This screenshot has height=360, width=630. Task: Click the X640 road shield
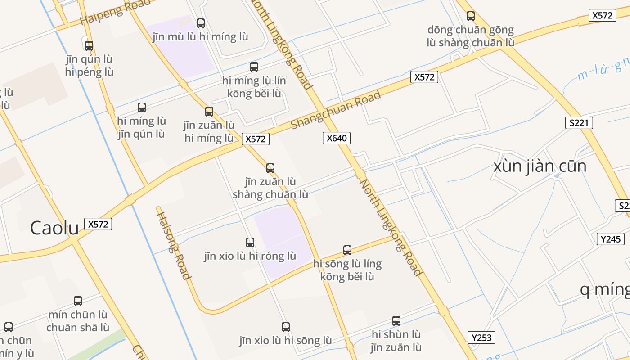tap(337, 138)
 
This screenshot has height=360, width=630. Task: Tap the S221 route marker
tap(579, 123)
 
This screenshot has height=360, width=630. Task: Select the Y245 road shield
tap(611, 239)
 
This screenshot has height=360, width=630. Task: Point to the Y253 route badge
tap(481, 337)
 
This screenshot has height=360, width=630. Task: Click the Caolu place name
tap(54, 228)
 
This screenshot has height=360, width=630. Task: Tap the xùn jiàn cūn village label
tap(540, 166)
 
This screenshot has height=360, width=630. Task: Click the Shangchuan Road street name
tap(336, 109)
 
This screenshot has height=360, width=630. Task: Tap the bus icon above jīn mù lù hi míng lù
tap(201, 23)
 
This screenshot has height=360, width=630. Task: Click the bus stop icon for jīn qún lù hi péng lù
tap(89, 45)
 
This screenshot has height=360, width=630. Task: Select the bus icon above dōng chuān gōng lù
tap(471, 16)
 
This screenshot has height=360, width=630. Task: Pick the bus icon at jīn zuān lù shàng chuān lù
tap(270, 168)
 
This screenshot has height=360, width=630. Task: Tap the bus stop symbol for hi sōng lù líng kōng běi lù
tap(347, 250)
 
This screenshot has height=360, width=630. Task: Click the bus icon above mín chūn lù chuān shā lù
tap(78, 301)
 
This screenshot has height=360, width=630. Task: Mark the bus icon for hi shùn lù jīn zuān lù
tap(396, 321)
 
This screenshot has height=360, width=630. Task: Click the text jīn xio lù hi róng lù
tap(250, 256)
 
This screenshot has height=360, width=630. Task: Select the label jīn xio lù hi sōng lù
tap(286, 341)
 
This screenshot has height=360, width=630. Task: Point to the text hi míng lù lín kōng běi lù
tap(254, 87)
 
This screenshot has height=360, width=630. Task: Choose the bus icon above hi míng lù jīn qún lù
tap(142, 108)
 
